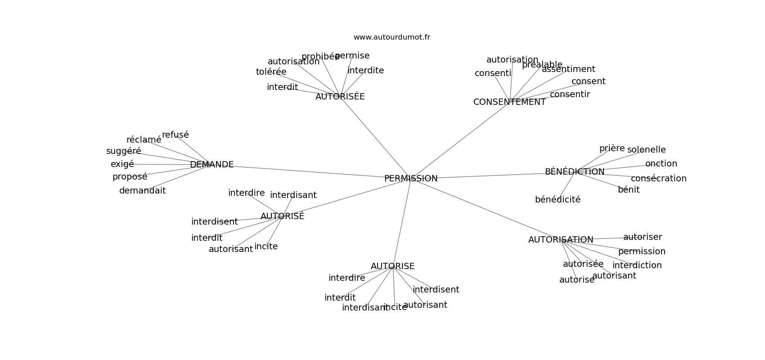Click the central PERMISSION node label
point(410,179)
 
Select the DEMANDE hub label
point(211,165)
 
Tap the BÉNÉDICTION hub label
point(574,172)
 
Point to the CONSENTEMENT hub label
point(509,102)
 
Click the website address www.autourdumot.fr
point(391,37)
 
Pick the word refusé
point(175,135)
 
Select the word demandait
point(142,191)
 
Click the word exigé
point(122,164)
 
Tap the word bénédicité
point(558,200)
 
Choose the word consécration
point(658,179)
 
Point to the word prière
point(612,148)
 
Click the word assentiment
point(568,69)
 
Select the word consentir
point(570,94)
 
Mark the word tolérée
point(271,72)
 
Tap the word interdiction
point(637,265)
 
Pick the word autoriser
point(642,237)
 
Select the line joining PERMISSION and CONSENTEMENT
point(459,141)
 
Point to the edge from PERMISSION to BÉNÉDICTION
point(490,175)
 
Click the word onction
point(661,164)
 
